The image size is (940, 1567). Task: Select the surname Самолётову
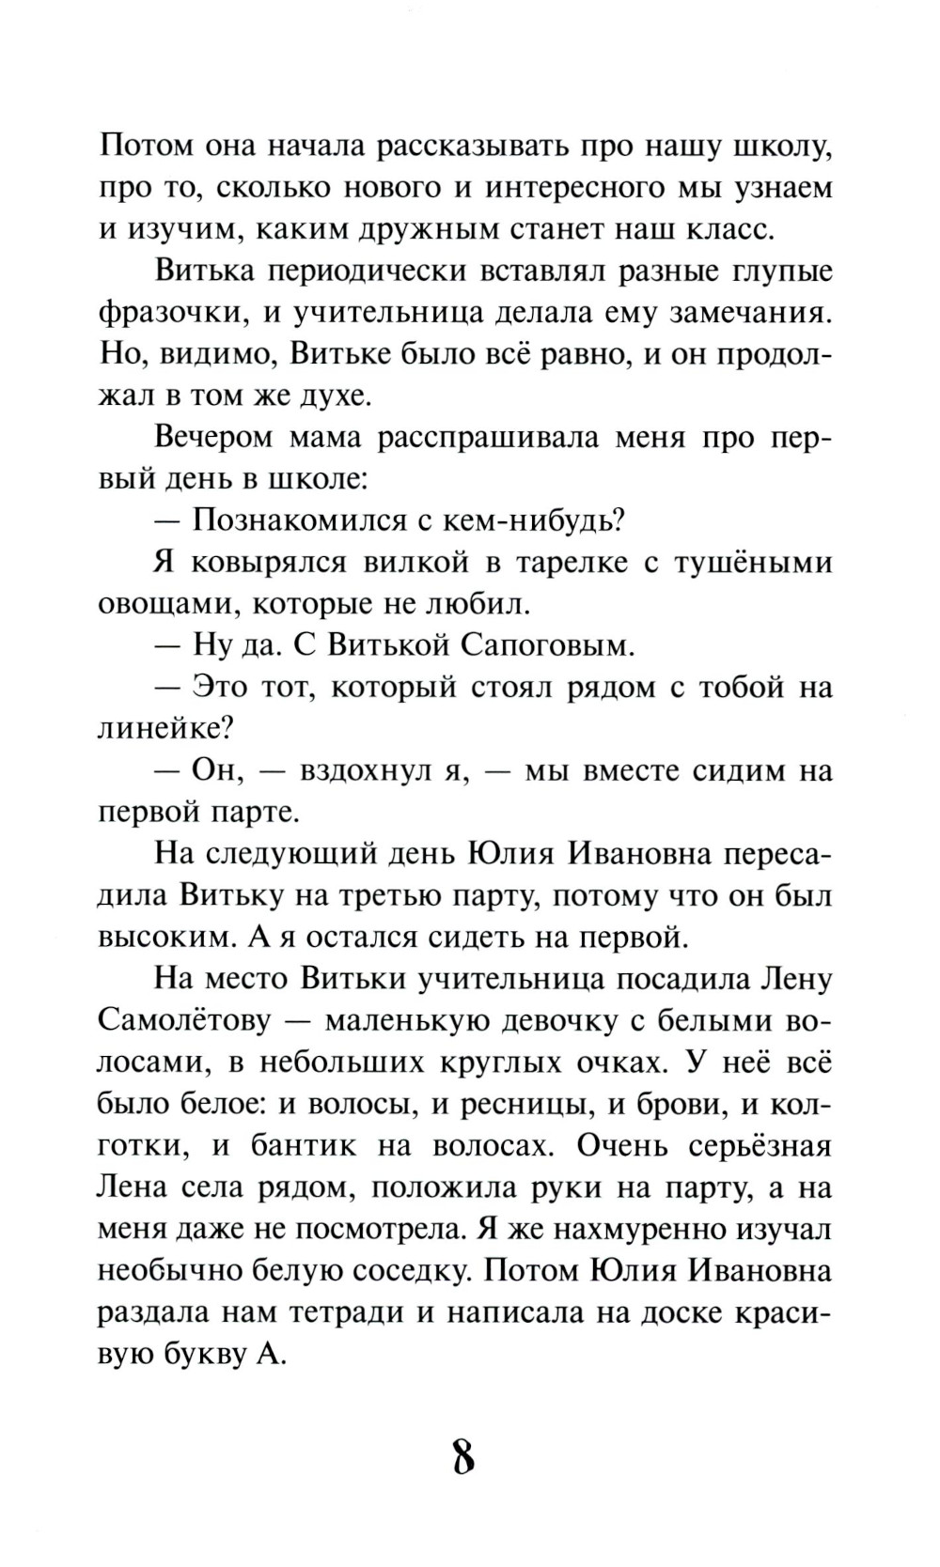pyautogui.click(x=184, y=1021)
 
